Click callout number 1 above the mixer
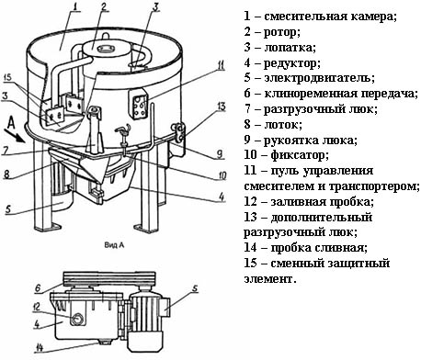coord(74,6)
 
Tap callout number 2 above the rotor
coord(105,6)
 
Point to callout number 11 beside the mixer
coord(221,65)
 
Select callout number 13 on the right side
coord(221,107)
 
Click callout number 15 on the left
coord(7,77)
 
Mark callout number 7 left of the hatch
coord(6,151)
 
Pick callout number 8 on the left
coord(6,174)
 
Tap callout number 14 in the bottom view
coord(40,347)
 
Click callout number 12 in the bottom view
coord(37,307)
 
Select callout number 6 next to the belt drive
coord(38,288)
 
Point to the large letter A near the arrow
coord(11,123)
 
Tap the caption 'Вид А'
coord(114,245)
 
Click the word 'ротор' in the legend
coord(281,32)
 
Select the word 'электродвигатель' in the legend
coord(319,78)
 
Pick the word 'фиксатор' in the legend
coord(299,155)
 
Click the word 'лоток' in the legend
coord(282,124)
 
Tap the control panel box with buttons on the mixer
coord(139,104)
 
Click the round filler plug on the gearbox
coord(77,319)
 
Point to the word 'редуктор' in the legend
coord(292,63)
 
